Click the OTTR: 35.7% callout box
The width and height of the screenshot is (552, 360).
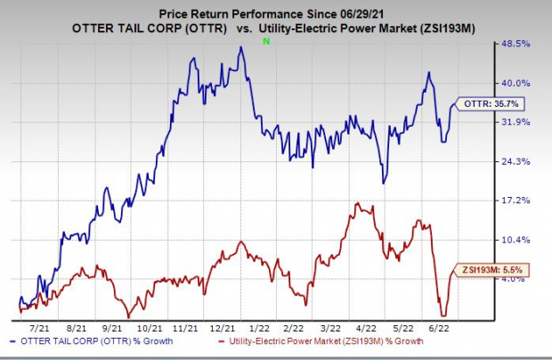coord(483,103)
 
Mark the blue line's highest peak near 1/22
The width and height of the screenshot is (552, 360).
coord(240,48)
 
